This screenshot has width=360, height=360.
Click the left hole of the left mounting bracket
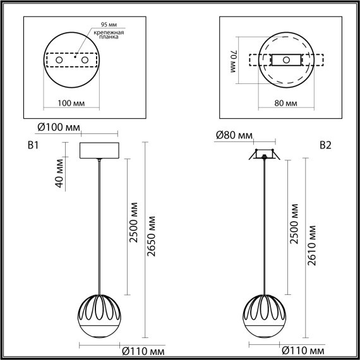(60, 59)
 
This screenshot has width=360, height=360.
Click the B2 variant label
(325, 146)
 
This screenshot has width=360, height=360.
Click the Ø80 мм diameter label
(234, 135)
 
